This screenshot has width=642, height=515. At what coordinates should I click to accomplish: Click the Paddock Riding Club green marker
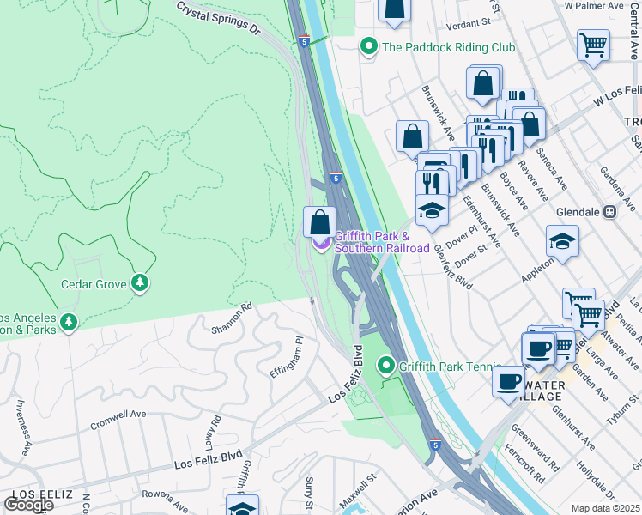369,46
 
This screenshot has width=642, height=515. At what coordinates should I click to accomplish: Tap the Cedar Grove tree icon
140,283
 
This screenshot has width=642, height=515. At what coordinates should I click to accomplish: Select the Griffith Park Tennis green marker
386,367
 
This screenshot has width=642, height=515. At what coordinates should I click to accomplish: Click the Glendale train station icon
610,211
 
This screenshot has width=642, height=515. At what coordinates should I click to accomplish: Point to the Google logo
28,505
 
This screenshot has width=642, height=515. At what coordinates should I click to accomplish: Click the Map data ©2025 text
605,508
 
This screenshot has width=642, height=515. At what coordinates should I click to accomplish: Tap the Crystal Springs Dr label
218,17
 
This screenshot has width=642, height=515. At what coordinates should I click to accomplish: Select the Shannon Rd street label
233,318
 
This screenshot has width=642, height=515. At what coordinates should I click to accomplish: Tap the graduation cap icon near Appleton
562,242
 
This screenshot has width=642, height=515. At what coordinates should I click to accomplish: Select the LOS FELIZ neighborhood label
35,495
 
